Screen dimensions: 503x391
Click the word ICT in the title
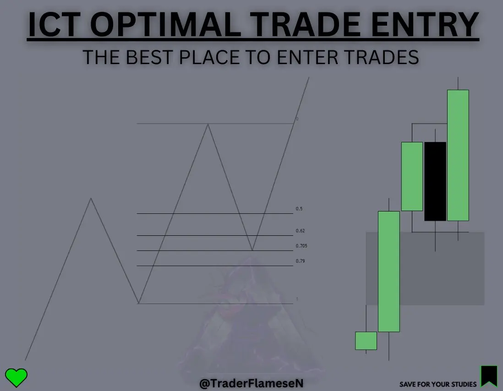[54, 24]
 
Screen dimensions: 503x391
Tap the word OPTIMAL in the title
[165, 24]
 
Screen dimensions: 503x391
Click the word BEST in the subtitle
[149, 57]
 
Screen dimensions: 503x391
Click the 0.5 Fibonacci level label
[299, 209]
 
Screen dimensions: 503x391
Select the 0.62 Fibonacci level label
[300, 231]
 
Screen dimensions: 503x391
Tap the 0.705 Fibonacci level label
[301, 246]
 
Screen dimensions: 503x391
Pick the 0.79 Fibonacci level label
[300, 261]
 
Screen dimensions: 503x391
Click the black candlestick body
[435, 181]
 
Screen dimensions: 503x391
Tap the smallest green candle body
[366, 341]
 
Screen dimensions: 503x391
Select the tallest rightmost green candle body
[458, 156]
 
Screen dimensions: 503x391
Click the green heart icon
[16, 378]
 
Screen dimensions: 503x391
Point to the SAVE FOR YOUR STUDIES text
[438, 384]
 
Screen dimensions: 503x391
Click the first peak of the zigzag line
[91, 199]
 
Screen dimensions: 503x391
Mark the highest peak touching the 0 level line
[208, 125]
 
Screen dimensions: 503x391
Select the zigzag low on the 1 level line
[139, 303]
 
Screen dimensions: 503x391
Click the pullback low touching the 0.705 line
[252, 250]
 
